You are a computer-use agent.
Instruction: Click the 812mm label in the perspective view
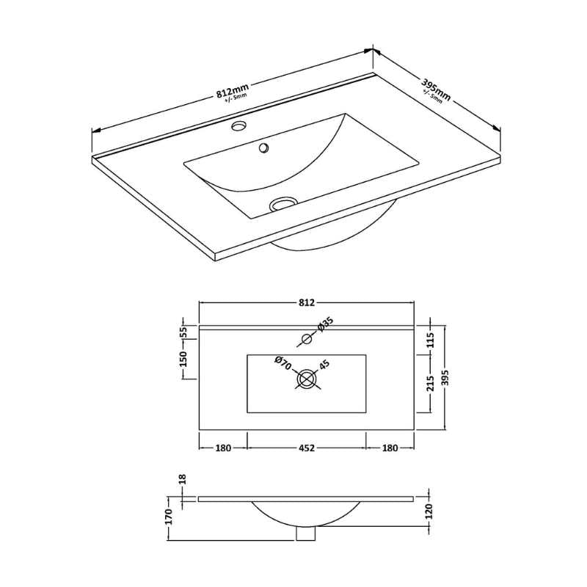(x=233, y=90)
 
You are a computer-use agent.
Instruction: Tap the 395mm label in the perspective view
(x=437, y=90)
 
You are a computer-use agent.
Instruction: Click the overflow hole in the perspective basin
(x=263, y=147)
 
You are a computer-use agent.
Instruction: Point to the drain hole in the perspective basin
(x=283, y=203)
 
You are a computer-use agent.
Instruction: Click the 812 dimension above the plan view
(x=306, y=302)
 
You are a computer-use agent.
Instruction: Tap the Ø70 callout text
(x=282, y=363)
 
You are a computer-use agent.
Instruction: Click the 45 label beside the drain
(x=324, y=364)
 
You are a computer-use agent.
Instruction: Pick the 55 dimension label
(x=183, y=332)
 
